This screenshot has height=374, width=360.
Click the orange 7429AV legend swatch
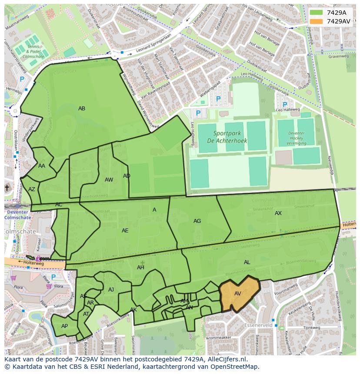coord(317,21)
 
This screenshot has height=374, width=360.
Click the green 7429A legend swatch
coord(317,13)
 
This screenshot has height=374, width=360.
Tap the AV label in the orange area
coord(238,294)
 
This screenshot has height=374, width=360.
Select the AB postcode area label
coord(82,109)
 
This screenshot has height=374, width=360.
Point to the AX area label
coord(278,213)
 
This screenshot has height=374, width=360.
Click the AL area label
coord(247,262)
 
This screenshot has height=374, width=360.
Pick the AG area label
coord(197,221)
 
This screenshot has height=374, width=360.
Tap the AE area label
coord(125,231)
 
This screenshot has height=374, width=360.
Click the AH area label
coord(140,268)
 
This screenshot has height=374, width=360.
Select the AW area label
coord(109,180)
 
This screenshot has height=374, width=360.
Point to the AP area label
coord(64,326)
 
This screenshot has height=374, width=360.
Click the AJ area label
coord(111,290)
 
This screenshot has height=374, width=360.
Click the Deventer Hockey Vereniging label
coord(297,139)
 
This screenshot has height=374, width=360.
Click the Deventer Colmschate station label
coord(17,215)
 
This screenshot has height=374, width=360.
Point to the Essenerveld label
coord(258,325)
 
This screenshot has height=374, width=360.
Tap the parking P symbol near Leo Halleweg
coord(285,105)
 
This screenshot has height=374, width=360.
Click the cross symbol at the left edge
coord(7,188)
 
